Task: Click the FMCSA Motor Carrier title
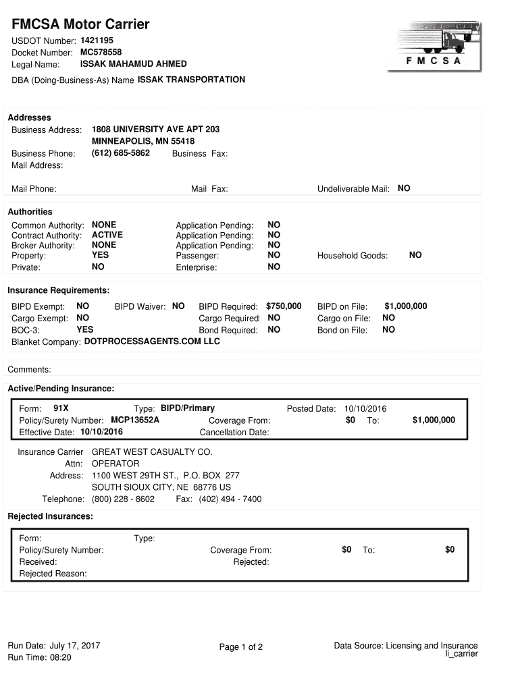coord(80,25)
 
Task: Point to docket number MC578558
coord(101,52)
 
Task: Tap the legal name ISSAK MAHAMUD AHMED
coord(134,64)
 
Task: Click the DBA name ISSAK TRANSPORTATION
coord(191,80)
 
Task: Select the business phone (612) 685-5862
coord(121,153)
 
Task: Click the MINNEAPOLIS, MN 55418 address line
coord(143,141)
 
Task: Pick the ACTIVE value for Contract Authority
coord(107,235)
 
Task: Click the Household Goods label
coord(353,256)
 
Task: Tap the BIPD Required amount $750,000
coord(284,306)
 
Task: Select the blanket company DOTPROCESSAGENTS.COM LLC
coord(152,341)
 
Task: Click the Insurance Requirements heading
coord(59,290)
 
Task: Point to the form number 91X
coord(61,408)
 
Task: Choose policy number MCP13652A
coord(135,420)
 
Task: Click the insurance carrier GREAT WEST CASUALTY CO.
coord(152,451)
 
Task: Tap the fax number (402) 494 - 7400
coord(230,499)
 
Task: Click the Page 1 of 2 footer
coord(241,647)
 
